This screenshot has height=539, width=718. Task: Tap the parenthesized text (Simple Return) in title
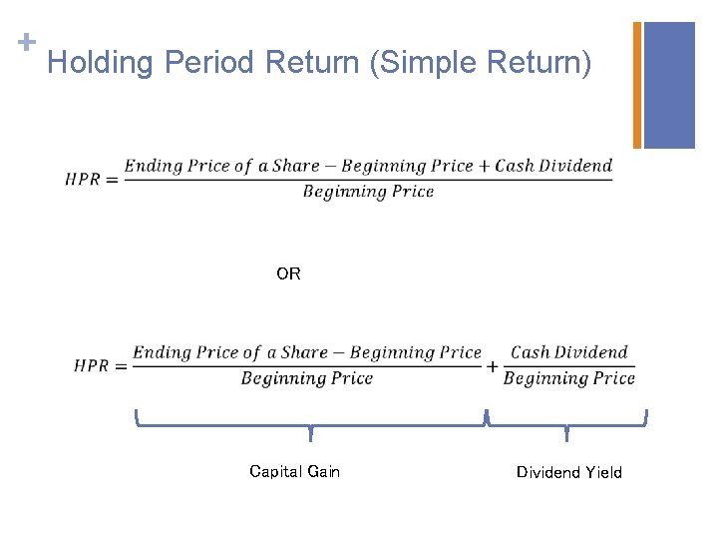(x=480, y=64)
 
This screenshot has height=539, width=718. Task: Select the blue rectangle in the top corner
(x=669, y=85)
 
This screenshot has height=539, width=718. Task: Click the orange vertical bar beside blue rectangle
(x=637, y=85)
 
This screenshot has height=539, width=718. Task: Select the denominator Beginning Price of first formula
(x=368, y=192)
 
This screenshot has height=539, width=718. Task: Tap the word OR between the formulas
(x=288, y=273)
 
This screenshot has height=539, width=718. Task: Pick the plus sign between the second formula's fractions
(x=493, y=366)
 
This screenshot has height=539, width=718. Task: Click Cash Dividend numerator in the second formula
(x=569, y=352)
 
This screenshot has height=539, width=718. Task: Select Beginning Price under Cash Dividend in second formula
(x=569, y=378)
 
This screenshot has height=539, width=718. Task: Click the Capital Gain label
(x=294, y=471)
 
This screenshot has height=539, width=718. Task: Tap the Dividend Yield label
(x=568, y=472)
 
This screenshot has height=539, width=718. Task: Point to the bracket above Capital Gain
(x=310, y=424)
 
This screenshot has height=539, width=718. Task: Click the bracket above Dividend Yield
(x=566, y=424)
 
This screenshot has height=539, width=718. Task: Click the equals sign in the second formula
(x=120, y=366)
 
